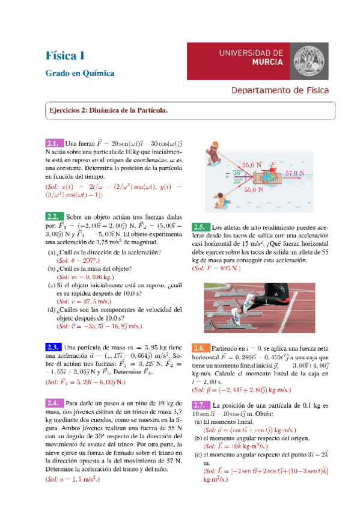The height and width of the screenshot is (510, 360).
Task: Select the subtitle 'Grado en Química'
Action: pyautogui.click(x=80, y=73)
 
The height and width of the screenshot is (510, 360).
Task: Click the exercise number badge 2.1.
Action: pyautogui.click(x=53, y=144)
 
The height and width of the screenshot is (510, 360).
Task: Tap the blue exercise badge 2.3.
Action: pyautogui.click(x=53, y=348)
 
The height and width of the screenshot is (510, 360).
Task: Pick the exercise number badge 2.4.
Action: pyautogui.click(x=53, y=403)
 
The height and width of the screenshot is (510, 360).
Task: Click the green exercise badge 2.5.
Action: pyautogui.click(x=200, y=227)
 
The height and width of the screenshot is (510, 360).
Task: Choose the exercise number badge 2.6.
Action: pyautogui.click(x=200, y=348)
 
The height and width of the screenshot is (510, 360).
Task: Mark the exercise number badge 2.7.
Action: pyautogui.click(x=200, y=404)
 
